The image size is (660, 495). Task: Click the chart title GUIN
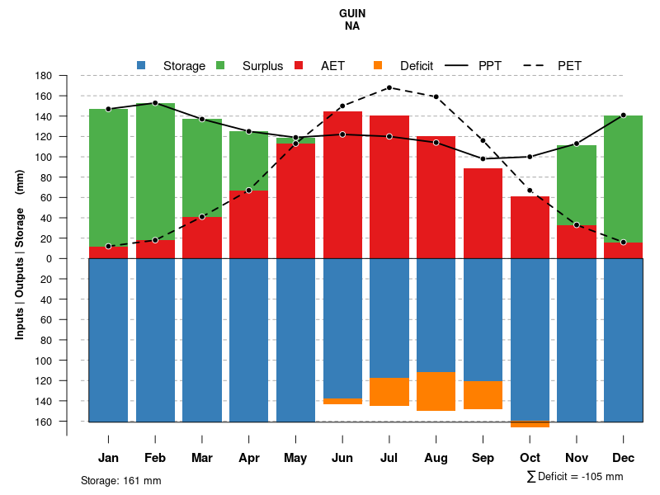352,14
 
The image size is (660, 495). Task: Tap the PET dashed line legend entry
569,66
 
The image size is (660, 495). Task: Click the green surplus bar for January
108,177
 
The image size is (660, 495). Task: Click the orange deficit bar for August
436,391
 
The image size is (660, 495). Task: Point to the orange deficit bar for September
483,394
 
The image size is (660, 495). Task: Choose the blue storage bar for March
202,340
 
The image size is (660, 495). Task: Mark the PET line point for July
389,87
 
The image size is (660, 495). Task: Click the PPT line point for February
155,103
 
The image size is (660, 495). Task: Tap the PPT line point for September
483,158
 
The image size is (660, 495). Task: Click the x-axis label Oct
530,458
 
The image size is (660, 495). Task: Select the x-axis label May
295,458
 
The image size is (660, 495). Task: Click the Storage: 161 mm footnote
121,480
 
